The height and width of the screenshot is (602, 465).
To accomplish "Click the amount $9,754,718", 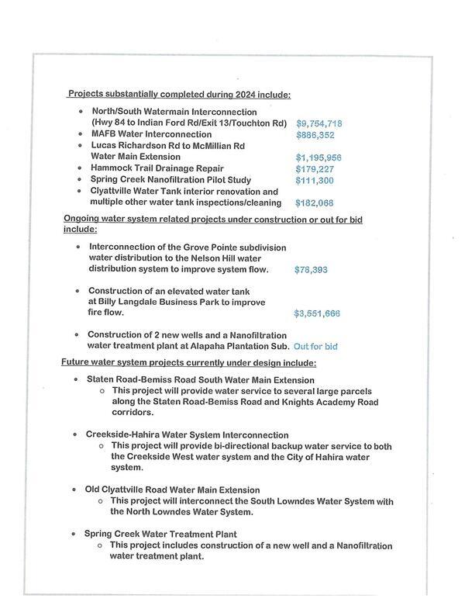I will coord(319,123).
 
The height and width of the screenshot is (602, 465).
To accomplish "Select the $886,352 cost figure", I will coord(316,134).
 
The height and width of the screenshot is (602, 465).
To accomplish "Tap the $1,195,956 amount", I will coord(319,157).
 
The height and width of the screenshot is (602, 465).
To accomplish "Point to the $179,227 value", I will coord(315,169).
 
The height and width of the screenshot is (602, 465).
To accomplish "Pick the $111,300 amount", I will coord(315,181).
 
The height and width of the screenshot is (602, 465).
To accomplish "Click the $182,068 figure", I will coord(315,203).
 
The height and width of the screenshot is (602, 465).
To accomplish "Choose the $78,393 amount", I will coord(312,270).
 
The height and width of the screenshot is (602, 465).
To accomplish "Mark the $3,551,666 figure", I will coord(317,314).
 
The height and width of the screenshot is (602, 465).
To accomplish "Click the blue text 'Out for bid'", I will coord(315,346).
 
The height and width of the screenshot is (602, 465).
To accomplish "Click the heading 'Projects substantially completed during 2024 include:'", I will coord(179,95).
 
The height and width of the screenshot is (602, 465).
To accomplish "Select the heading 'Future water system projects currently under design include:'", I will coord(188,363).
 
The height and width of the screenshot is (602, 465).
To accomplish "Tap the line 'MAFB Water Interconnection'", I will coord(152,134).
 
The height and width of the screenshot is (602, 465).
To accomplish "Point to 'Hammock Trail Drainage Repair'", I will coord(157,168).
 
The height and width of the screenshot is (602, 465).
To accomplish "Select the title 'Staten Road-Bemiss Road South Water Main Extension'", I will coord(200,380).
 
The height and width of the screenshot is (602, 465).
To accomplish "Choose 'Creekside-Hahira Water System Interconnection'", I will coord(187,435).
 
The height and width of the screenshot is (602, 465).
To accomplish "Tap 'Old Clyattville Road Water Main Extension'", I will coord(172,490).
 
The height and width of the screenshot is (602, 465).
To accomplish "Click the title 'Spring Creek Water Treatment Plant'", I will coord(160,534).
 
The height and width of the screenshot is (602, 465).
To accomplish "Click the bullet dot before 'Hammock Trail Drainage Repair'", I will coord(81,168).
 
